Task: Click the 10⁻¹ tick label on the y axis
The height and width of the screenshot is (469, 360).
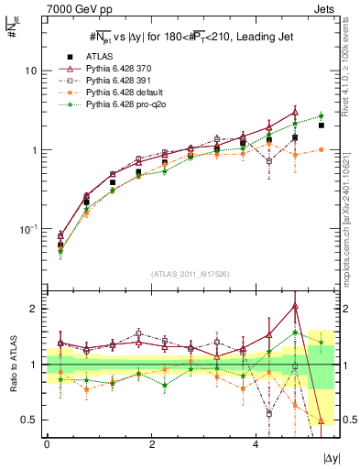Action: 28,229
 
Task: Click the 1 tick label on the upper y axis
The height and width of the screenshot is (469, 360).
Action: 34,150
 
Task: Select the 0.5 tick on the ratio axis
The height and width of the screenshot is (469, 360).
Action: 30,420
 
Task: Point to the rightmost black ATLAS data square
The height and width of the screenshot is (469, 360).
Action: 321,125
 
